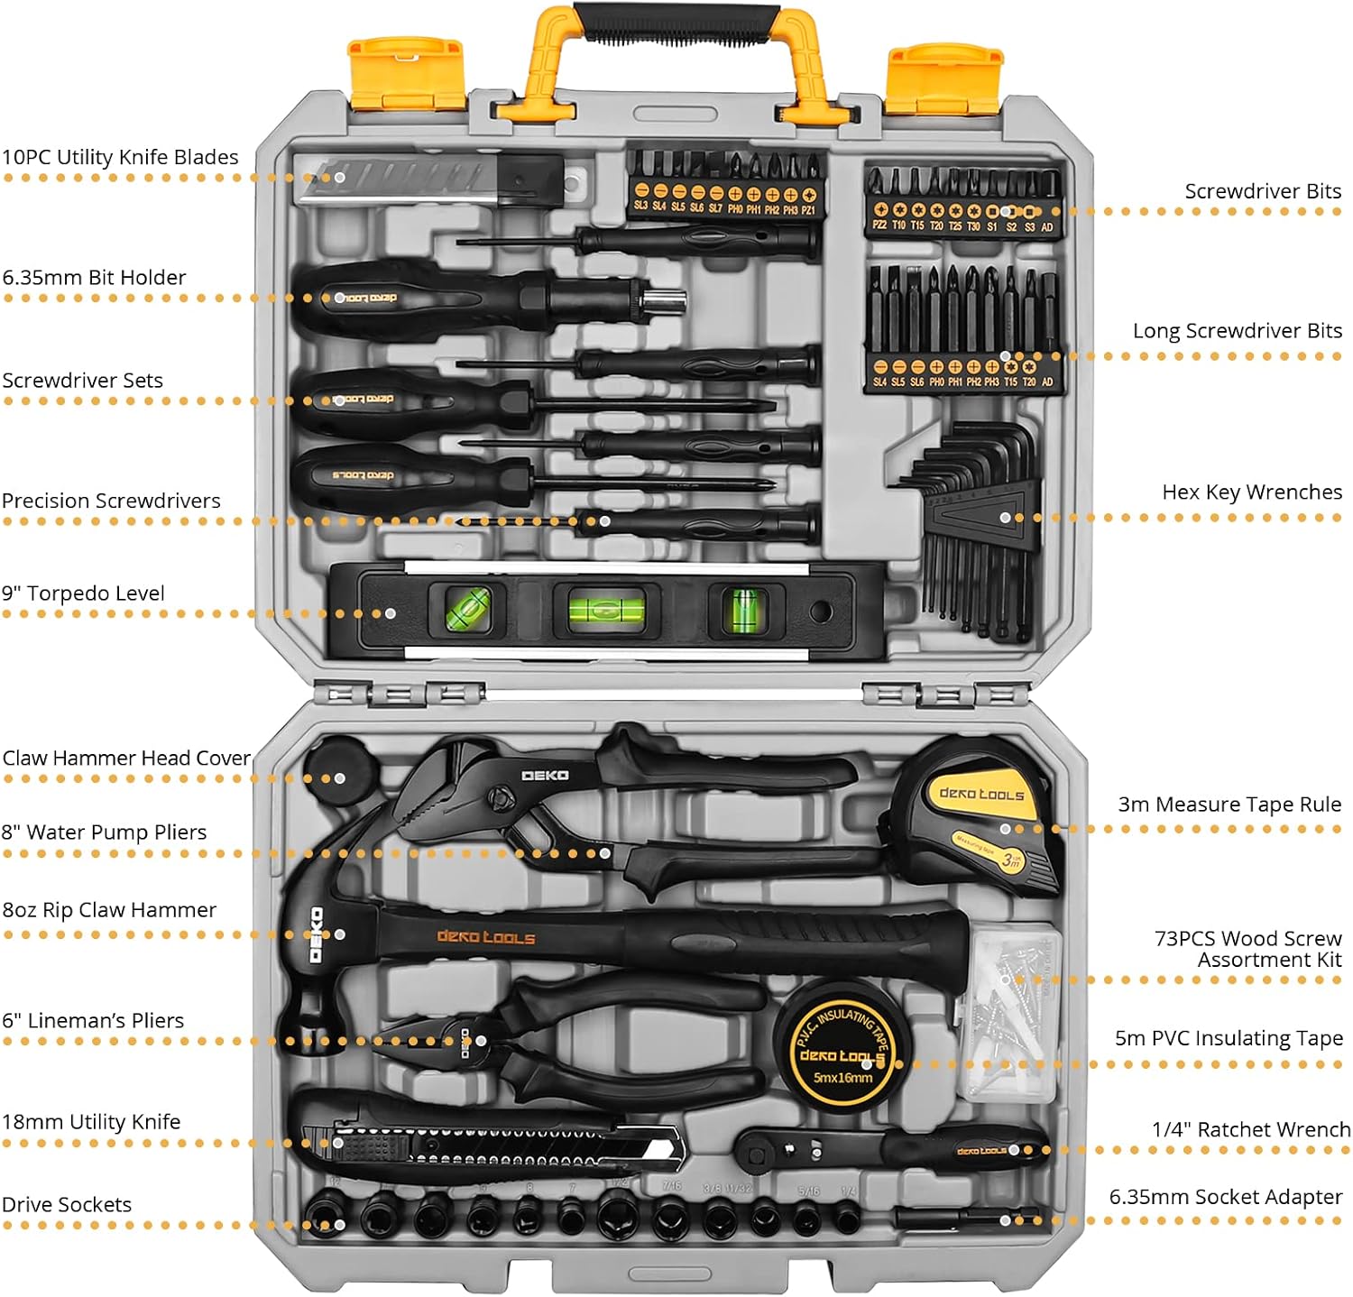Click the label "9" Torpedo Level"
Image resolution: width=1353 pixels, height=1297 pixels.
pos(83,593)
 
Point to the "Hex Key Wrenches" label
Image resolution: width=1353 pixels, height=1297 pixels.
pos(1251,492)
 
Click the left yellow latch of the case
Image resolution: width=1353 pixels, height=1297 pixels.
pos(406,73)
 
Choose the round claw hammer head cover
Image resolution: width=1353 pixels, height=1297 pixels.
pos(340,771)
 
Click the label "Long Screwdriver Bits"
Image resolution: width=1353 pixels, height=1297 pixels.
pos(1237,331)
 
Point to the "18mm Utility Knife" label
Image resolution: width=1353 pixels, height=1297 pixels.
pos(91,1122)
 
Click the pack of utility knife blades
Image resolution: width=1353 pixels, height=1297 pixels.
pos(429,179)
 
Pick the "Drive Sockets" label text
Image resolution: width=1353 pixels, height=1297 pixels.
pos(67,1205)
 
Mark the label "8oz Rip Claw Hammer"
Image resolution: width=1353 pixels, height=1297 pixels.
pos(109,910)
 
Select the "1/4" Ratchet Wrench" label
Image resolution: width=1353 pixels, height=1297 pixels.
pos(1250,1130)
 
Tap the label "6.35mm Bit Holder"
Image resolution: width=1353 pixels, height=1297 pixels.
pos(94,278)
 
